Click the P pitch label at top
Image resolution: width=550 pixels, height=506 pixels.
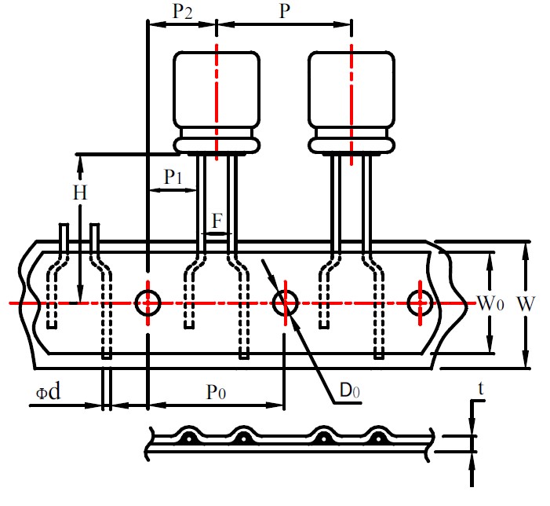coord(283,12)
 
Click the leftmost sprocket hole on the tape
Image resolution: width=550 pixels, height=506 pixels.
coord(148,302)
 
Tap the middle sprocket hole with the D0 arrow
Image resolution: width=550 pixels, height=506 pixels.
coord(284,302)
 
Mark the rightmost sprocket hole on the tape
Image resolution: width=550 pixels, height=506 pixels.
coord(420,302)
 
